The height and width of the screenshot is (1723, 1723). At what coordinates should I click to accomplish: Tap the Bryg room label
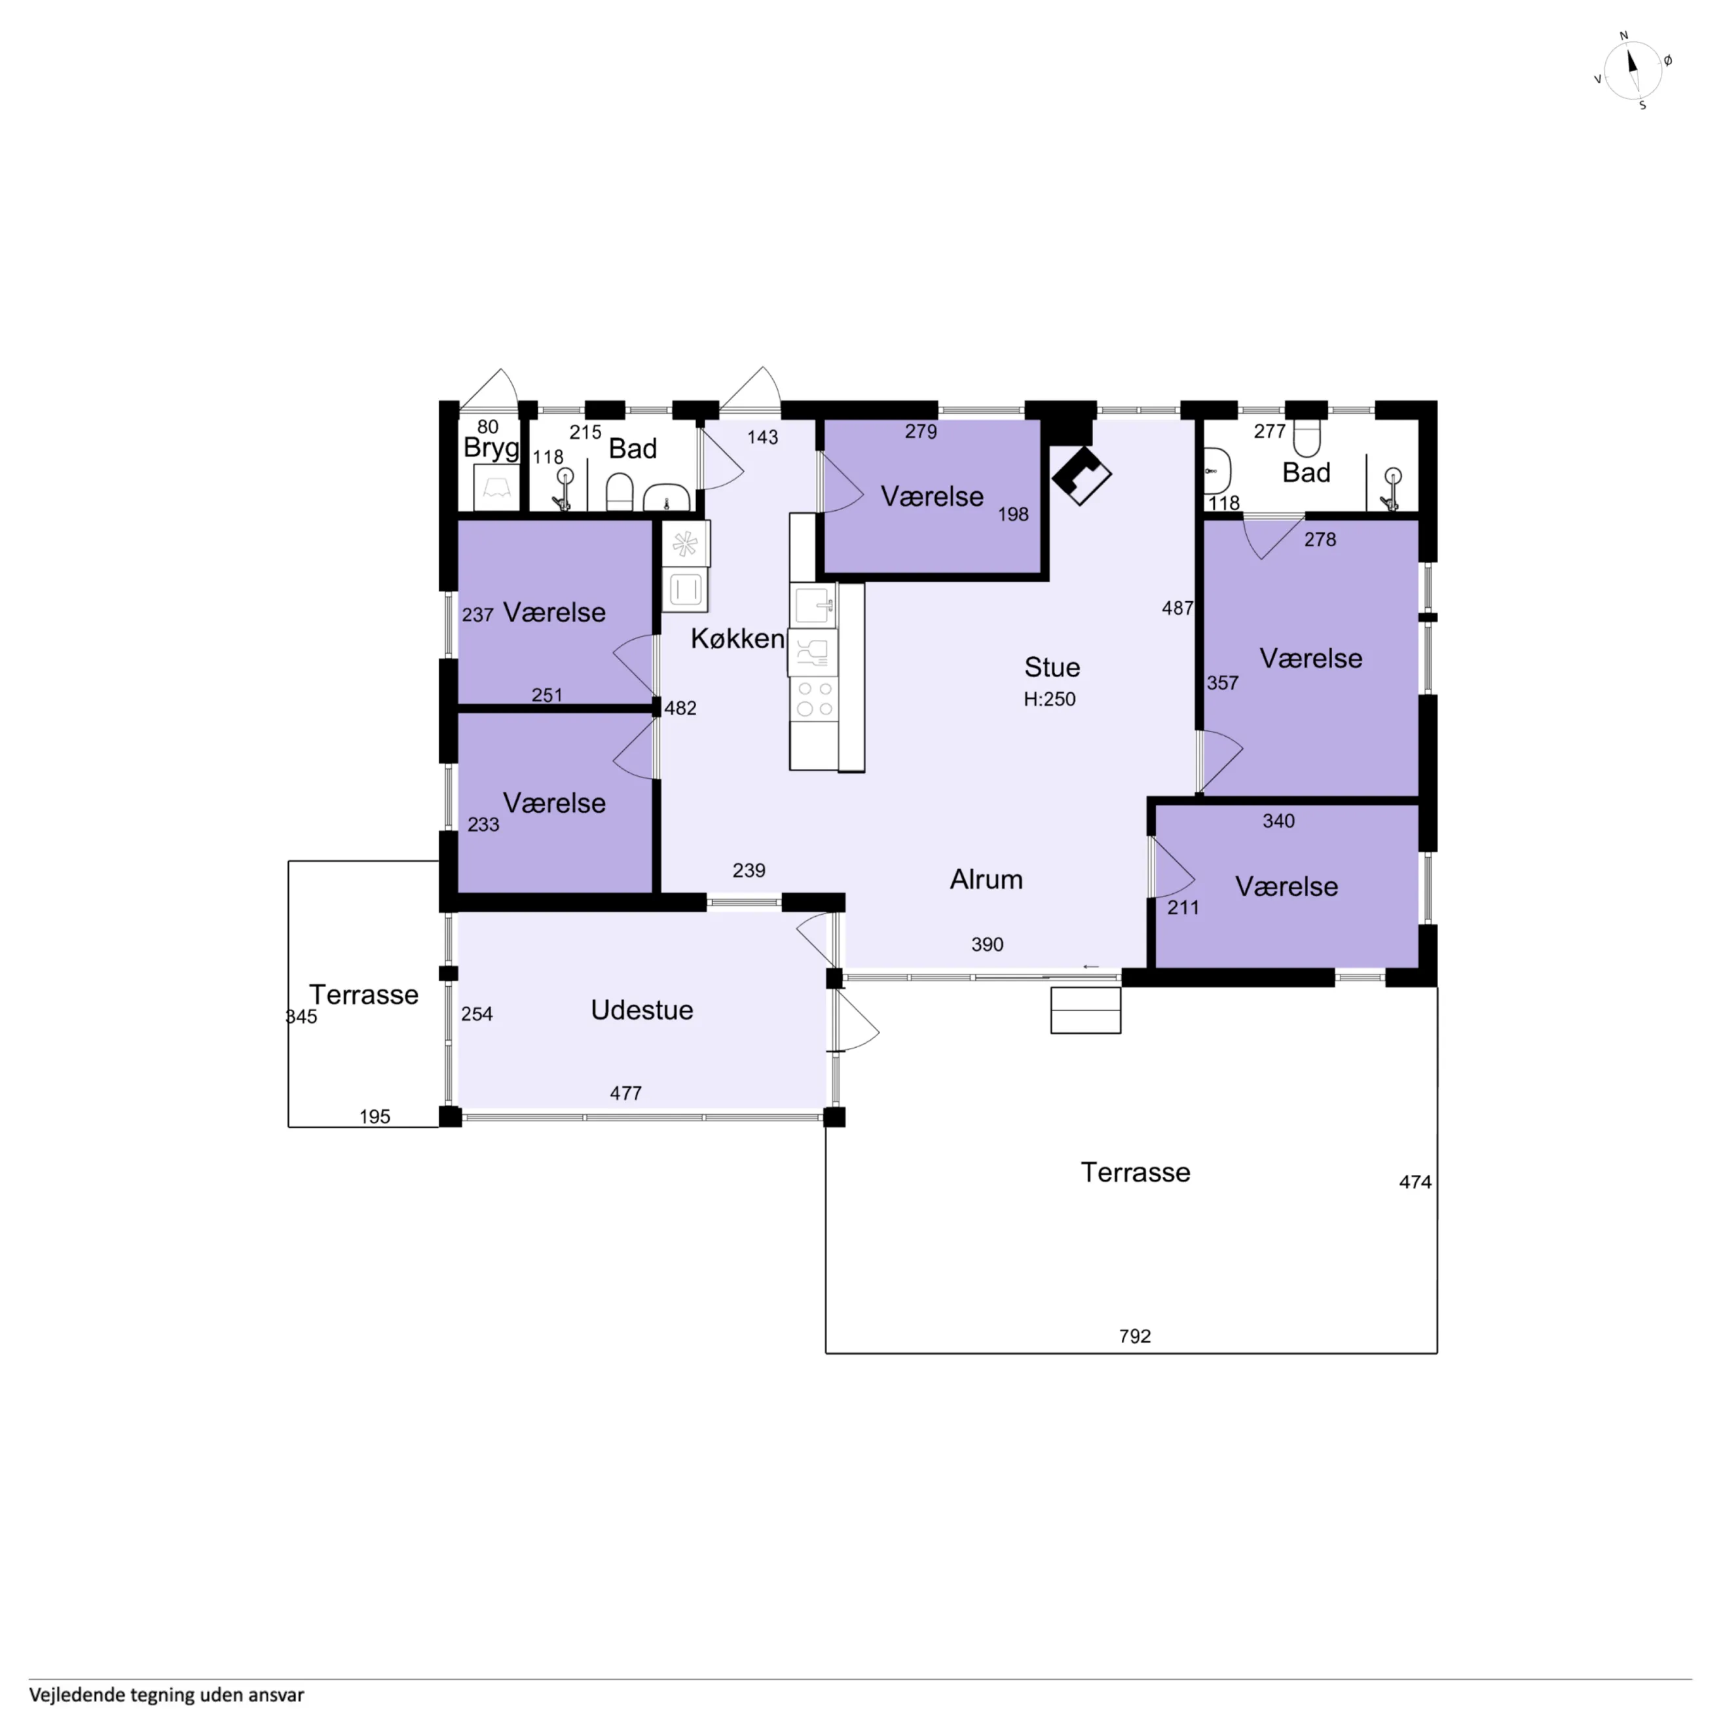point(491,448)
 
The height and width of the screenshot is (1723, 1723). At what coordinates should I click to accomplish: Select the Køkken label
point(737,639)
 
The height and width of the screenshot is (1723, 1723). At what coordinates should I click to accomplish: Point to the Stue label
point(1052,667)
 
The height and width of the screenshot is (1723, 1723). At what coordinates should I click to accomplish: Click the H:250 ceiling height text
point(1050,699)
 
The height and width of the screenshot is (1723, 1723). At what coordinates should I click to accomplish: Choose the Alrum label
point(986,880)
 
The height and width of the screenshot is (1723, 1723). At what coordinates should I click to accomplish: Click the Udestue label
point(642,1010)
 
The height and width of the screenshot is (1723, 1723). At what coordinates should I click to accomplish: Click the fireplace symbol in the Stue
point(1081,475)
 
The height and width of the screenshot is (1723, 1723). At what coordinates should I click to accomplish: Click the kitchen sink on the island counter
point(813,606)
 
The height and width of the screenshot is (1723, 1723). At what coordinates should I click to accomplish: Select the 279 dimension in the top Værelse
point(921,432)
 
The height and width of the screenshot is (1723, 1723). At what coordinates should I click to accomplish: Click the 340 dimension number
point(1279,821)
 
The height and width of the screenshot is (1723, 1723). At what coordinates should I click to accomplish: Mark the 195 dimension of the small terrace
point(375,1117)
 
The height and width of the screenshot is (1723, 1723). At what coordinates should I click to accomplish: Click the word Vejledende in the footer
point(77,1694)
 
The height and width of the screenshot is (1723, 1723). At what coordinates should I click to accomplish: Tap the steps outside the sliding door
point(1085,1010)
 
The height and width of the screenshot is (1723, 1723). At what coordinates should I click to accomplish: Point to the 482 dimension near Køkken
point(680,708)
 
